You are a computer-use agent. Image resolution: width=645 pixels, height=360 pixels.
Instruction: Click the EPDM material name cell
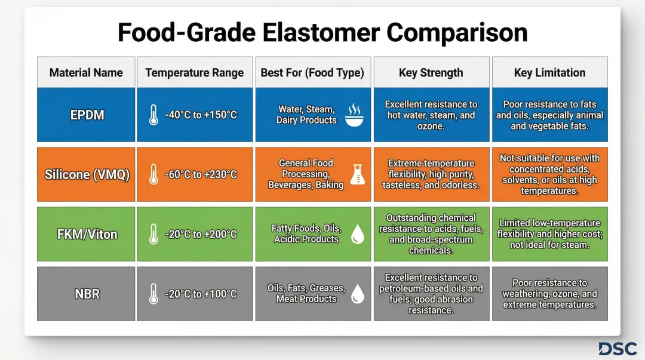(87, 115)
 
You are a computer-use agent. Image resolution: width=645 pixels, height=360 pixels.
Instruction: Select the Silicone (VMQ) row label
(87, 175)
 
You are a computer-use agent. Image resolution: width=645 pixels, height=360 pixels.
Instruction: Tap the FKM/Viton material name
(87, 234)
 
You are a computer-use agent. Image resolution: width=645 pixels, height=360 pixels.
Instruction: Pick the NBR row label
(87, 294)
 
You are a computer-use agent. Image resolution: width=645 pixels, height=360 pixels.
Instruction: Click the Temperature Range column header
(194, 73)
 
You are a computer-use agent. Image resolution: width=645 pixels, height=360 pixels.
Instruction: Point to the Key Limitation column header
(549, 73)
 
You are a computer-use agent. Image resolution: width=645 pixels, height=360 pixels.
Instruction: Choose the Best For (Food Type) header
(312, 73)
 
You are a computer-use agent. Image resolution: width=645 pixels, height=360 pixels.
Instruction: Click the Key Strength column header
(431, 73)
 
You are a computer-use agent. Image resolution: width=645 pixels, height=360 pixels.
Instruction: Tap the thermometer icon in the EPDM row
(153, 115)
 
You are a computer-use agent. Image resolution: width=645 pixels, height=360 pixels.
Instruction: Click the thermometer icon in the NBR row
(153, 294)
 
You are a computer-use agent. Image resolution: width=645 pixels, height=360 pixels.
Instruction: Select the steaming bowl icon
(354, 115)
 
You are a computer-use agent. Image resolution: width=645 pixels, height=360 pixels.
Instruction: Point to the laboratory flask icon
(357, 174)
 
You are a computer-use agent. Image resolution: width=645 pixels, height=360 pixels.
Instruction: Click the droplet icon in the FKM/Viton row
(357, 233)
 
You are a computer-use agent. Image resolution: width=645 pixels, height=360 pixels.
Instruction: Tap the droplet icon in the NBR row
(357, 293)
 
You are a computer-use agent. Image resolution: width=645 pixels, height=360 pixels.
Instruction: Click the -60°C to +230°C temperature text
(201, 175)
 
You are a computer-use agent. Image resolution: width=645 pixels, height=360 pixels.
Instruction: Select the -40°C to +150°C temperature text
(201, 115)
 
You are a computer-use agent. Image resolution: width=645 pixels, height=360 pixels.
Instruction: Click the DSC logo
(618, 349)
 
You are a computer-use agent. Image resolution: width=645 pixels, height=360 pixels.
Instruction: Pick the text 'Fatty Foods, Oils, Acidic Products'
(306, 233)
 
